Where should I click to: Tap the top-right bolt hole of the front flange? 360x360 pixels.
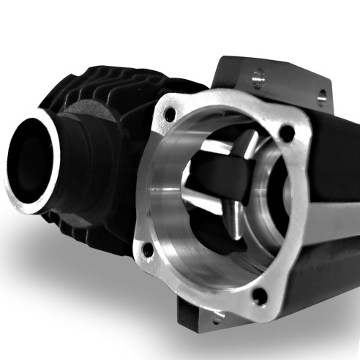(x=287, y=133)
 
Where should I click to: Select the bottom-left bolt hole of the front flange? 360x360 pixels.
(x=149, y=249)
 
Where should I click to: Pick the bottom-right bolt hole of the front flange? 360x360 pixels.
(x=259, y=296)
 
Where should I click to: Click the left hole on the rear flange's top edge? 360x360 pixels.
(x=257, y=75)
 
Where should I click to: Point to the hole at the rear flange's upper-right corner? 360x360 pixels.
(x=323, y=96)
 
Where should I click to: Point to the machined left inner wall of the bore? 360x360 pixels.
(x=165, y=198)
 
